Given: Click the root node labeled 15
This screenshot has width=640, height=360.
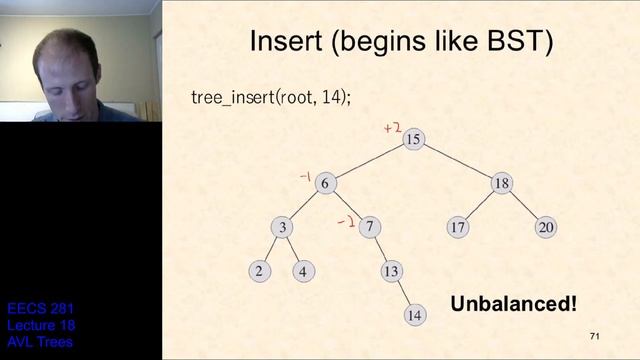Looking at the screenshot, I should pos(414,139).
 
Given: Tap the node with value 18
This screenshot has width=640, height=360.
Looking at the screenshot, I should pos(502,183).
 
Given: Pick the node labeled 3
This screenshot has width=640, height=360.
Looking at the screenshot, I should pos(283,227).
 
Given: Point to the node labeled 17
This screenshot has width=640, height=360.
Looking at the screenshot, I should pos(458,227).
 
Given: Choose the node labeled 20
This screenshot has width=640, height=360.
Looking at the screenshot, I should pos(545,227).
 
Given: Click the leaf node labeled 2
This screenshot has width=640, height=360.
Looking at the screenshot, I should pos(260,270).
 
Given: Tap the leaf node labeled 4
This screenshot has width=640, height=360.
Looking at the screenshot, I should pos(304,270).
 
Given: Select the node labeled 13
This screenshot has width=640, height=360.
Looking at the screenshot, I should pos(391,270).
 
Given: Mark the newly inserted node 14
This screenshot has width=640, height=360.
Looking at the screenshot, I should pos(414,314).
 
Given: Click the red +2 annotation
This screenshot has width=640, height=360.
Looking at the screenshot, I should pos(392,128).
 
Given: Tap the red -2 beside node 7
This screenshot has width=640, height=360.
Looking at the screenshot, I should pos(345,222).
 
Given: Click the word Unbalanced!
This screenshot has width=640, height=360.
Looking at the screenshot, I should pos(513,303).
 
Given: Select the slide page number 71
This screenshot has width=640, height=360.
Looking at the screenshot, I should pos(594,336).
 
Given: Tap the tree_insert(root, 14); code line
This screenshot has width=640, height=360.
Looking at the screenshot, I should pos(269,98).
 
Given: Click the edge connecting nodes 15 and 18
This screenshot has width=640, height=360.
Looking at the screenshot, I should pos(458,161).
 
